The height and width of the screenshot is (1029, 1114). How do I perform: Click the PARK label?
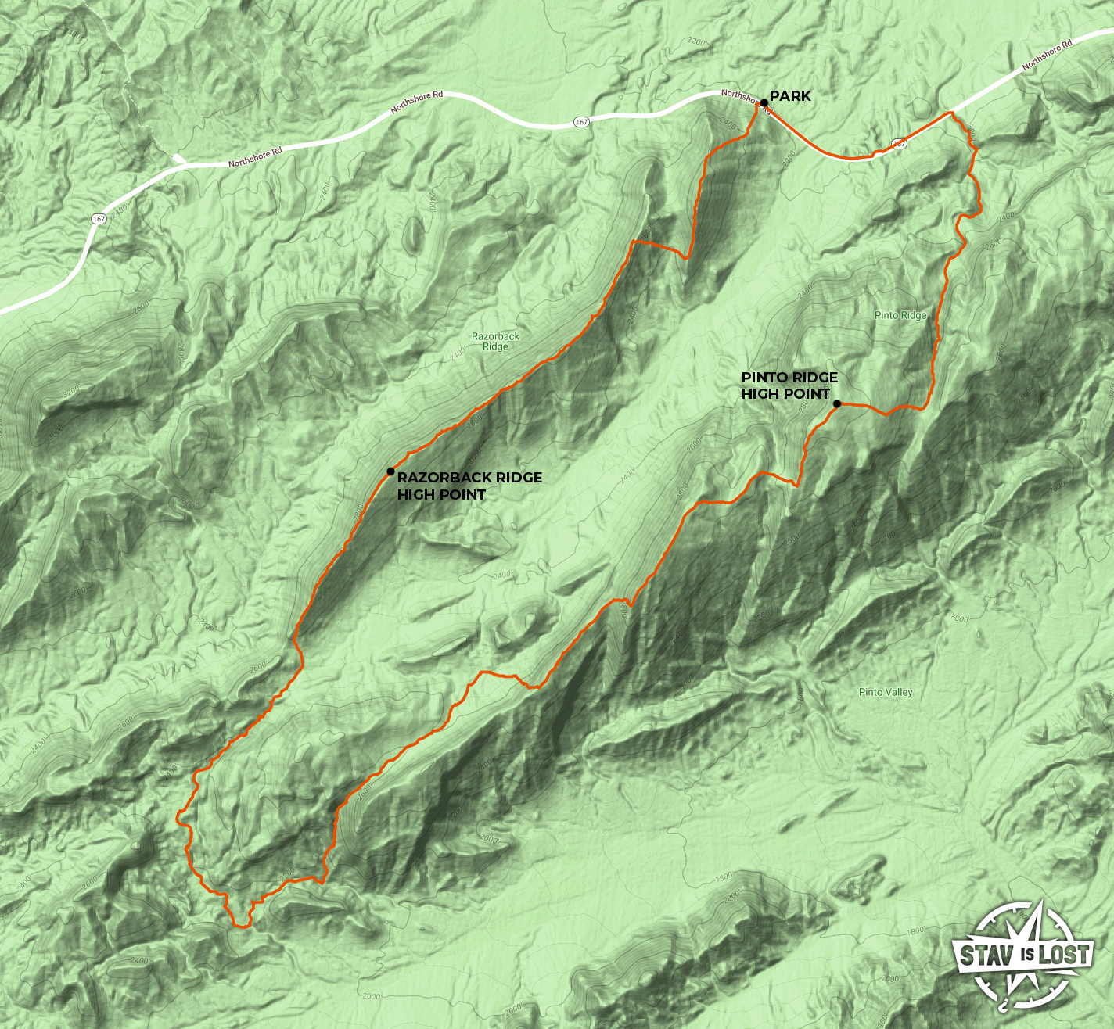coord(790,96)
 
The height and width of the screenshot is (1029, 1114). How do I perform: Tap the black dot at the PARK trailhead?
coord(764,102)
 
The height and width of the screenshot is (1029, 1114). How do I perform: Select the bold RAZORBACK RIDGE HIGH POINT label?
coord(469,486)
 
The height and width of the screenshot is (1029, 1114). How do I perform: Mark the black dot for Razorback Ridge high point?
coord(390,471)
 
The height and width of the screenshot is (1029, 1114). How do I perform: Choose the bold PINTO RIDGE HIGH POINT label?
coord(789,385)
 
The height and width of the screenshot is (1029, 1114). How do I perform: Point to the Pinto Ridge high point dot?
coord(837,404)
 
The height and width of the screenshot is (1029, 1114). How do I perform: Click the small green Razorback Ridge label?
coord(495,341)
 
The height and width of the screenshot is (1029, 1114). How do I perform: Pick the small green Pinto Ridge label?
coord(900,315)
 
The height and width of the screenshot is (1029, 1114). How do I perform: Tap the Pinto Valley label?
coord(886,692)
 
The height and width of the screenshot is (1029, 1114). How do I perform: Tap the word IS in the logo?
coord(1025,955)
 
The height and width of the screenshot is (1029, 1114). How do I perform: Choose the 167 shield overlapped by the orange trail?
coord(898,144)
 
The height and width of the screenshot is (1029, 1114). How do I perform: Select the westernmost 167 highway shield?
coord(99,219)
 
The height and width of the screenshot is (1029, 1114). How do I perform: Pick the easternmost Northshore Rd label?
coord(1047,57)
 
